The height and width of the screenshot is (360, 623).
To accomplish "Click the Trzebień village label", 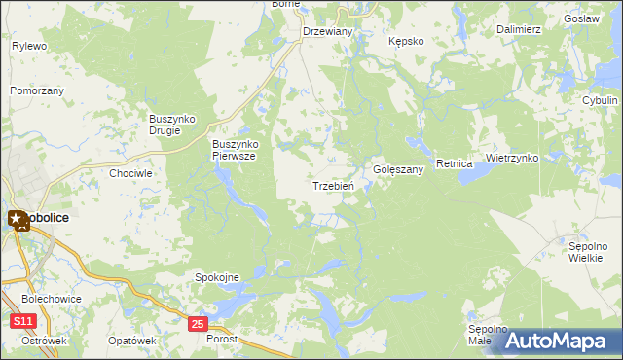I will coord(332,186).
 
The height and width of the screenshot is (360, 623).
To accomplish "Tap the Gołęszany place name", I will coord(398,169).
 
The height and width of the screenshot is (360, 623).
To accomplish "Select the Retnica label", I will coord(455,163).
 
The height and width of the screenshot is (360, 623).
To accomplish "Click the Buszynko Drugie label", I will coord(172,125).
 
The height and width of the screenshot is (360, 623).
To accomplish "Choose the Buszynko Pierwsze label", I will coord(234,150).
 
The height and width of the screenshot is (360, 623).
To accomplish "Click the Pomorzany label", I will coord(37,90).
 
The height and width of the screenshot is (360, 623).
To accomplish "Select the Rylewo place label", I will coord(29,46).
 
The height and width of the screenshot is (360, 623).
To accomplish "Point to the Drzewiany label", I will coord(327,31).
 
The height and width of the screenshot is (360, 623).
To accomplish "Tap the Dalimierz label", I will coord(518,29).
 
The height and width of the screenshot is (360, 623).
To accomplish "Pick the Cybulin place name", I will coord(600,100).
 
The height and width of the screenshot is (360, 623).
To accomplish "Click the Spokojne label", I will coord(216,277).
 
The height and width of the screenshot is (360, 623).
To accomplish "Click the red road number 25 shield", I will coord(198,323).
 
